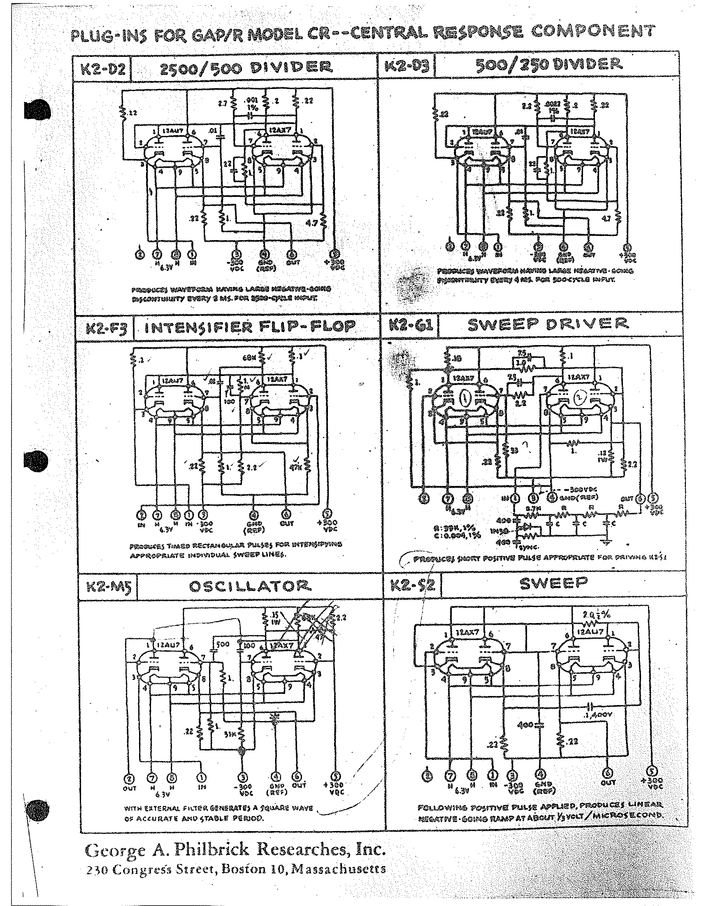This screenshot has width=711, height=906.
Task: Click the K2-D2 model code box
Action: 102,68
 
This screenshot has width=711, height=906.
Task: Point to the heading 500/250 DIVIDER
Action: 549,64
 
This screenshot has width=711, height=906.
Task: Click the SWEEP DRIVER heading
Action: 548,324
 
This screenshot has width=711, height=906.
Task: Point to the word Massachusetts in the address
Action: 339,869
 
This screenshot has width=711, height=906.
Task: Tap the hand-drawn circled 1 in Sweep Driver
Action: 465,399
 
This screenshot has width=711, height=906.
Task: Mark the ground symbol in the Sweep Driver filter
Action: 607,543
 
